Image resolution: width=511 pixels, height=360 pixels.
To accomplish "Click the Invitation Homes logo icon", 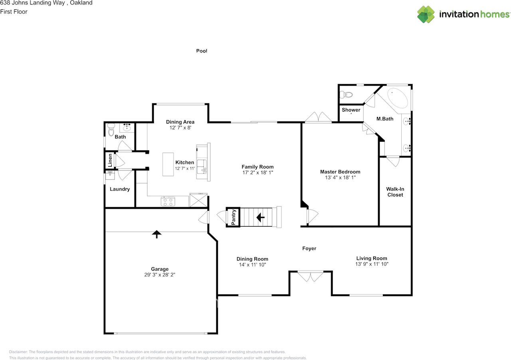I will tap(426, 14).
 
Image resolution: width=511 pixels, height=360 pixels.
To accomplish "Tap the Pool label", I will tap(202, 51).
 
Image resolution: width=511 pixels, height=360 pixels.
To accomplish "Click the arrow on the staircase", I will tap(260, 217).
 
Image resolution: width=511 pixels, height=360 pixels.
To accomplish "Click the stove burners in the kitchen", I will tap(168, 201).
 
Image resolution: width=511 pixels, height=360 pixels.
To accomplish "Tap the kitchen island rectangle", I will tap(168, 164).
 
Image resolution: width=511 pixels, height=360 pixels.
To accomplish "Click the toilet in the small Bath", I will tap(111, 130).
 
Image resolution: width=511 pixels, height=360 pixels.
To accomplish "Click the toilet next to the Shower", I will tap(346, 95).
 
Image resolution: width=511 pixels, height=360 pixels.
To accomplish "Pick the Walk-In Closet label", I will tap(394, 192).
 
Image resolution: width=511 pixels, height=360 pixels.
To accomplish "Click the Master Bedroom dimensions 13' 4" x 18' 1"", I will tap(340, 178).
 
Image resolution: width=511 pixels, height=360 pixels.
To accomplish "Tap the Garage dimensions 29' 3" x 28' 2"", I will tap(160, 275).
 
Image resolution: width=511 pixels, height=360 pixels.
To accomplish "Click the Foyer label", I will tap(309, 249).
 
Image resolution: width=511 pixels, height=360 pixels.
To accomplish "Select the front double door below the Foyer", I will tap(311, 276).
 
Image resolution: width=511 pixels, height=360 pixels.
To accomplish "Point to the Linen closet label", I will tap(110, 160).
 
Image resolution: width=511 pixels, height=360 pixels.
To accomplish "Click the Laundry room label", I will tap(120, 189).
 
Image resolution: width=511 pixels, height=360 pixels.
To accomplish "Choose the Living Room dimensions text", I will tap(372, 264).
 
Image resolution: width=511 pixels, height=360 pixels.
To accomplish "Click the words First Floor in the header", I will tap(14, 12).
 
